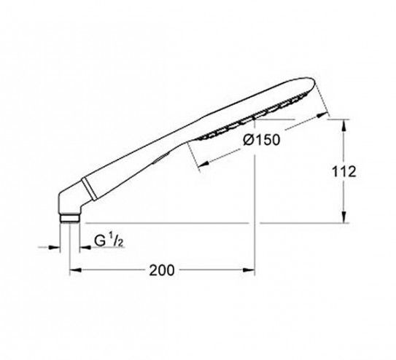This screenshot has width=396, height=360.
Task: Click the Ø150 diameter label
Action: coord(262,140)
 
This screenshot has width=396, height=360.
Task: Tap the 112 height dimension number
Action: coord(343,171)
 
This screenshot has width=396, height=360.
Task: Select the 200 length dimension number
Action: coord(162,270)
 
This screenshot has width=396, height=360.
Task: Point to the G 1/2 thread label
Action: coord(109,240)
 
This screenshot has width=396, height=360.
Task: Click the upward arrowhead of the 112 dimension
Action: coord(343,125)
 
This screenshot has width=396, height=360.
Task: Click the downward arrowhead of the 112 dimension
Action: coord(343,217)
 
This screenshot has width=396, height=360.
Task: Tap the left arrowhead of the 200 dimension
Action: coord(76,270)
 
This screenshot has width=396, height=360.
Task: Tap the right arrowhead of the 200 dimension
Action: coord(249,270)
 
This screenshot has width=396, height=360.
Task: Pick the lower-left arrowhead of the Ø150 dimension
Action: coord(203,164)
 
